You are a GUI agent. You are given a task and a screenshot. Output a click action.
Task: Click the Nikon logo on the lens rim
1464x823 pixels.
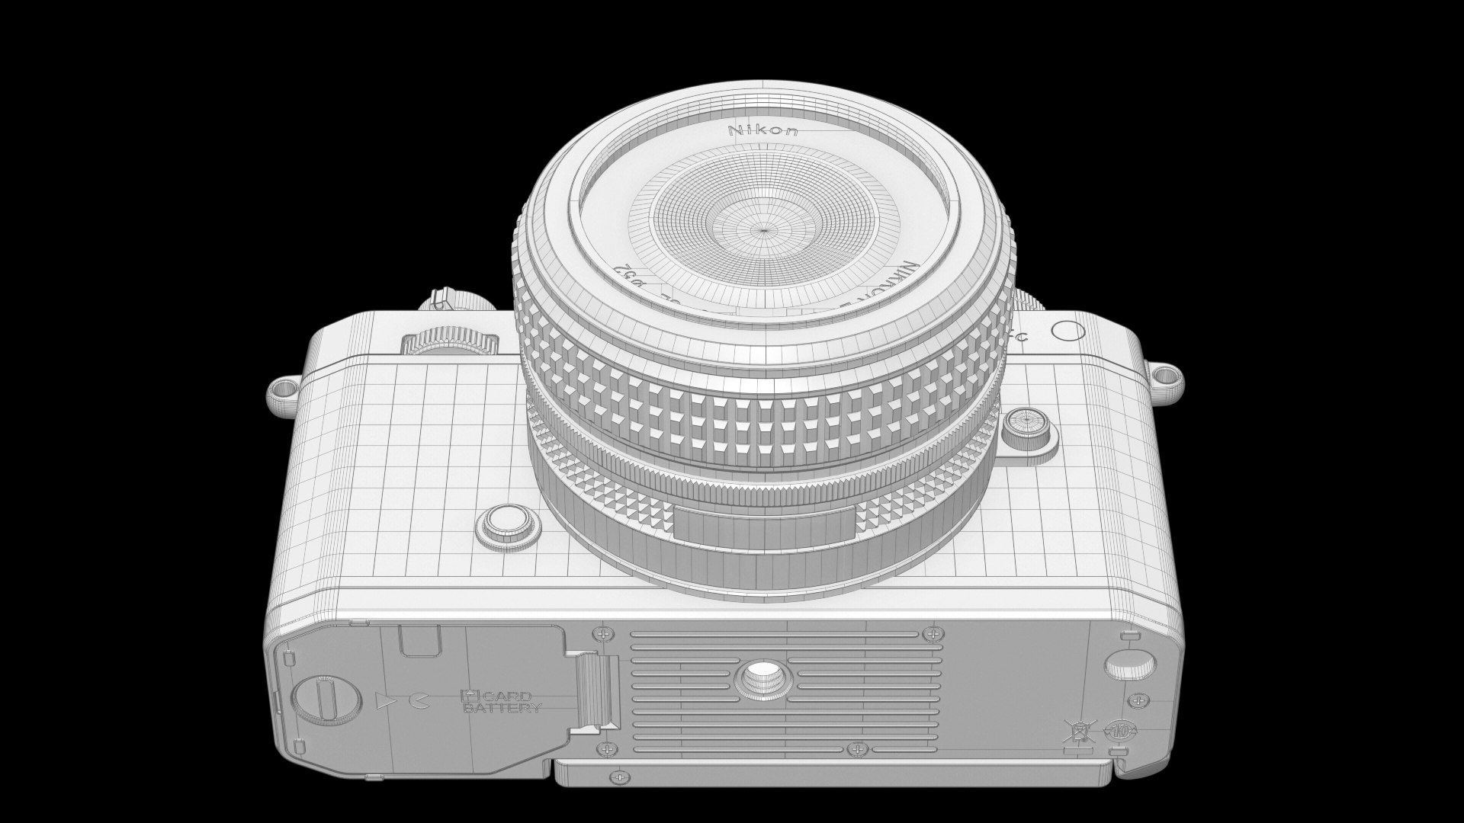point(764,130)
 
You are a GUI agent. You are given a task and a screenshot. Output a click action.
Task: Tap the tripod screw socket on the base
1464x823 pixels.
point(759,678)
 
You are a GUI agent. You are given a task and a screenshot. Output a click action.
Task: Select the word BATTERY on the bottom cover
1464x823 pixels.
point(501,708)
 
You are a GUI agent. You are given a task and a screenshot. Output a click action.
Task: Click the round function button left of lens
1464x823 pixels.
point(509,524)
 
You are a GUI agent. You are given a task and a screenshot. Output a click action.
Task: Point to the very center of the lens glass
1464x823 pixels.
point(763,228)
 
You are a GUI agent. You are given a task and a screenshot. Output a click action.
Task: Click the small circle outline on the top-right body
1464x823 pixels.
point(1067,331)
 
